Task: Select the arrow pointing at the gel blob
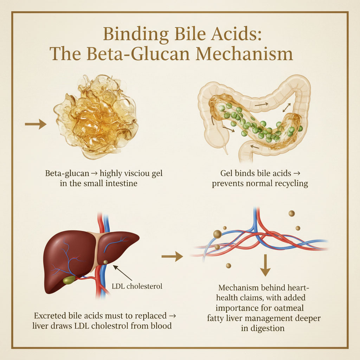36,124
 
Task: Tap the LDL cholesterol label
137,286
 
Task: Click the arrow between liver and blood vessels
172,258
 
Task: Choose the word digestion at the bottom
268,328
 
